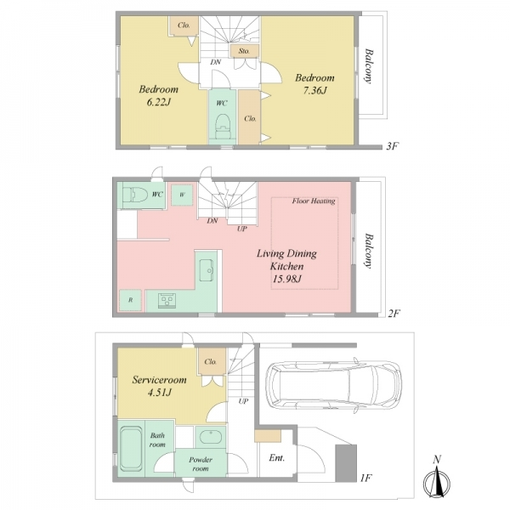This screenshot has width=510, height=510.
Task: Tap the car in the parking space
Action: [x=334, y=385]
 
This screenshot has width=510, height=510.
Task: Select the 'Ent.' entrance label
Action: [x=277, y=458]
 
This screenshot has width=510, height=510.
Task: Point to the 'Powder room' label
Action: [x=201, y=464]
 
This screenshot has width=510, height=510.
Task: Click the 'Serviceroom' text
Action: [x=159, y=380]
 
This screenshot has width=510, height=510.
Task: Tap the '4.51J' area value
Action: [x=160, y=393]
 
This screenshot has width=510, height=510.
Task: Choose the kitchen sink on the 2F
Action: [x=207, y=270]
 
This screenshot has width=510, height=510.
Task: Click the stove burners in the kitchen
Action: [x=167, y=300]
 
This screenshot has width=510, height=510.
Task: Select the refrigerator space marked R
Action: [x=130, y=300]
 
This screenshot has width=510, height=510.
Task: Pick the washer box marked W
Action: [x=182, y=195]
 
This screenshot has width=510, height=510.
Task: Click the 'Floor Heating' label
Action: [x=314, y=201]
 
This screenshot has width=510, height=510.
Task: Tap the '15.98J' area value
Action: [x=287, y=279]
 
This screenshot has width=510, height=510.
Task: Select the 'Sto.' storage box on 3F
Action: [x=244, y=51]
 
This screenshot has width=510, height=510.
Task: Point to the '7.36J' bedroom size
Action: [x=314, y=90]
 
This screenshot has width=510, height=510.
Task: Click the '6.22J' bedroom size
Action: [x=159, y=103]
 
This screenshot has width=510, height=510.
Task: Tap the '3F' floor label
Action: [x=392, y=146]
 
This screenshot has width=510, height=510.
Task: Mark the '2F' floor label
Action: [x=394, y=313]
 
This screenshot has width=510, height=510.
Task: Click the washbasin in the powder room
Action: [x=211, y=437]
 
